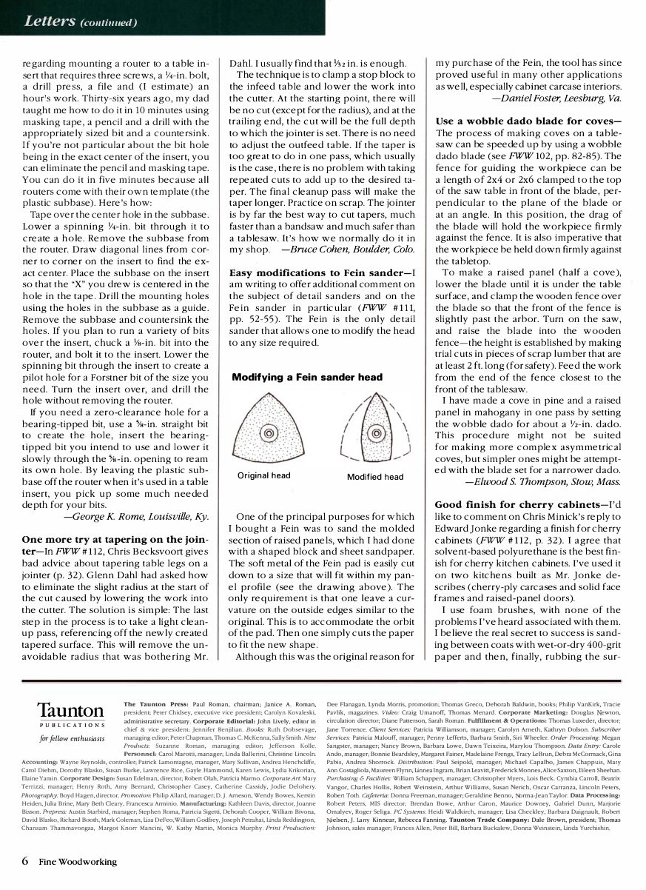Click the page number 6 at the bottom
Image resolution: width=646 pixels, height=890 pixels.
click(25, 861)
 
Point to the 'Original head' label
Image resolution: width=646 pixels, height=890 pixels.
click(263, 475)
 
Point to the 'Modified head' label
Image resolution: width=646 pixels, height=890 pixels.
click(375, 477)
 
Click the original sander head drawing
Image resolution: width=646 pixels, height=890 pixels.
click(267, 432)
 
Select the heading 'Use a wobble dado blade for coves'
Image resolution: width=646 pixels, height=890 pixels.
click(528, 121)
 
